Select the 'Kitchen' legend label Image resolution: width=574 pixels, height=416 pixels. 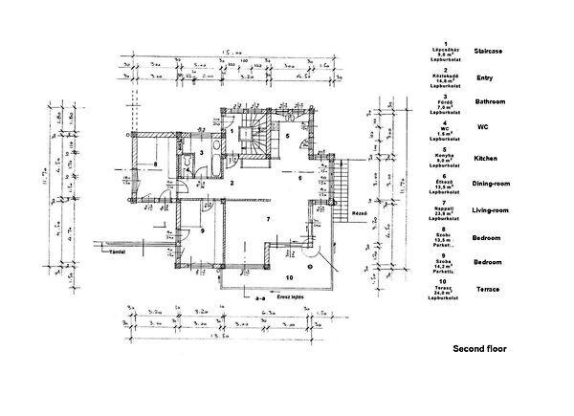[488, 158]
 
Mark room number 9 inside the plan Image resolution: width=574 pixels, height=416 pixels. [189, 231]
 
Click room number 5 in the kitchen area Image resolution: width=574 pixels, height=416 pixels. [287, 137]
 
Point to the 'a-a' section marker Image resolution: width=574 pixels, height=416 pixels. [259, 299]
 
